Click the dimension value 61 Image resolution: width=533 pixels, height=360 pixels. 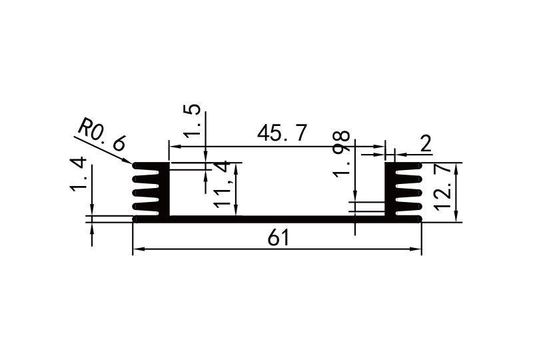[x=278, y=237]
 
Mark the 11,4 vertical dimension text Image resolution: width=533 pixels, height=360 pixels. [x=225, y=184]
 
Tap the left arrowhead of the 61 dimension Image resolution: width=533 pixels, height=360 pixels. [x=138, y=250]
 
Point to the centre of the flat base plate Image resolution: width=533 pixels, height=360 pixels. [x=278, y=219]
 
